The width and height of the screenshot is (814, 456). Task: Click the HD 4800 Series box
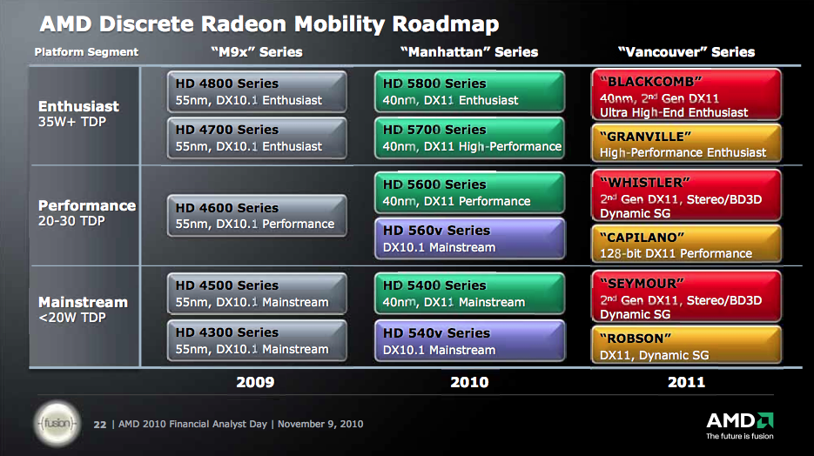pyautogui.click(x=257, y=92)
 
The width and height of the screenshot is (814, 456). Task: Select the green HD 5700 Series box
pyautogui.click(x=469, y=138)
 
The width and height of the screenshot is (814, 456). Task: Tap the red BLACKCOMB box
pyautogui.click(x=686, y=95)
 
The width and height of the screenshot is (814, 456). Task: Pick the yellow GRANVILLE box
pyautogui.click(x=686, y=143)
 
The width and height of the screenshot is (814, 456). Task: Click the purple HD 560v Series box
pyautogui.click(x=469, y=238)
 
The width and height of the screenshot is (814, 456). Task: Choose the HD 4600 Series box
pyautogui.click(x=257, y=216)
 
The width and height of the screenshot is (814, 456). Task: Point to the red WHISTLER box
pyautogui.click(x=686, y=196)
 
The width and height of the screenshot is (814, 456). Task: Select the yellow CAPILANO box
pyautogui.click(x=686, y=244)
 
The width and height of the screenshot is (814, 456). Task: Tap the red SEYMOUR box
pyautogui.click(x=686, y=297)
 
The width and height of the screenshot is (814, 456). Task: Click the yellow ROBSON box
pyautogui.click(x=686, y=345)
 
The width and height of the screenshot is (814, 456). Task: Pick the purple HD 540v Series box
pyautogui.click(x=469, y=341)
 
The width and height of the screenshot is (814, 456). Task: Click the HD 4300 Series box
pyautogui.click(x=257, y=340)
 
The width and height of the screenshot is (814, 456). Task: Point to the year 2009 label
pyautogui.click(x=255, y=382)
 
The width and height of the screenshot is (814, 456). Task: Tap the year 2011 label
pyautogui.click(x=686, y=382)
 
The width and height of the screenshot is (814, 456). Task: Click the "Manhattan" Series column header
pyautogui.click(x=469, y=52)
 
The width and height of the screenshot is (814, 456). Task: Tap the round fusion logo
pyautogui.click(x=57, y=423)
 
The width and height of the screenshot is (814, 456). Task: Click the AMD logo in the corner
pyautogui.click(x=740, y=426)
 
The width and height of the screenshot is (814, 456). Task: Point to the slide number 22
pyautogui.click(x=99, y=425)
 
